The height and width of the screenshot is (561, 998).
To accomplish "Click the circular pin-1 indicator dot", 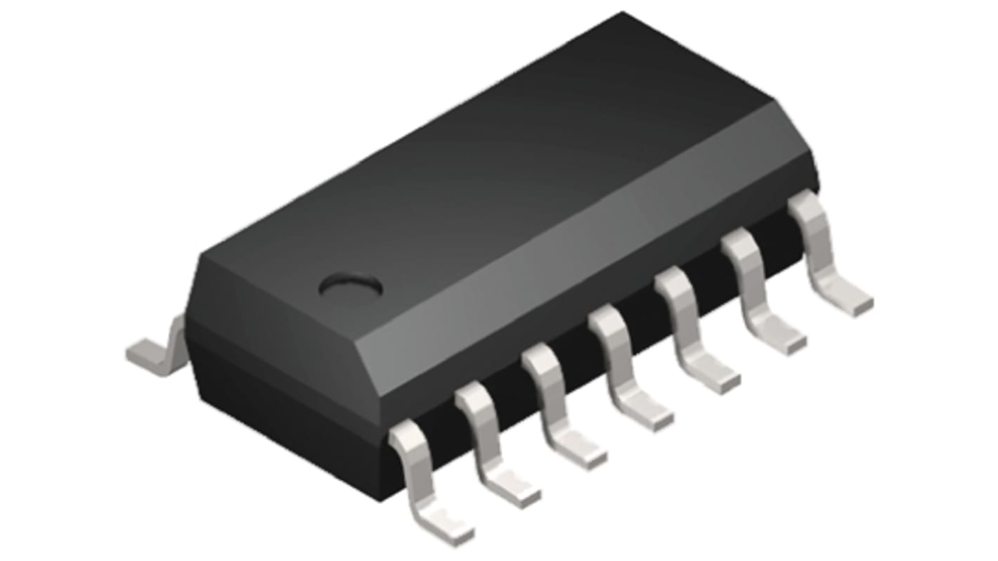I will (x=350, y=285).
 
